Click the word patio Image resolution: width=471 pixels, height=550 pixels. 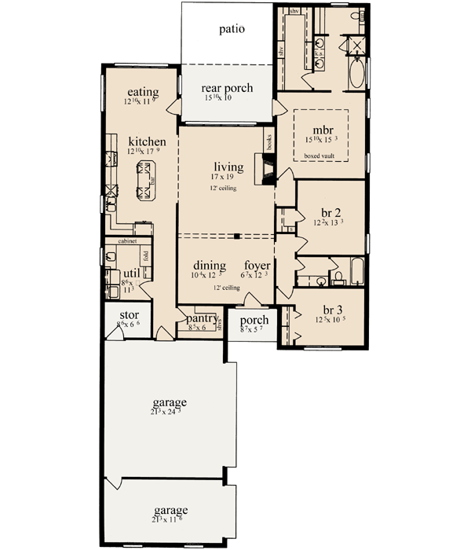pyautogui.click(x=231, y=30)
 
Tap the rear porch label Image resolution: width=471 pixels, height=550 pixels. pyautogui.click(x=227, y=89)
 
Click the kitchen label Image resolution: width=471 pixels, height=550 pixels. pyautogui.click(x=148, y=141)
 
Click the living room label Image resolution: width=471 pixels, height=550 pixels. pyautogui.click(x=228, y=167)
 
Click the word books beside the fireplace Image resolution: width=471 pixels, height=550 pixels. pyautogui.click(x=268, y=141)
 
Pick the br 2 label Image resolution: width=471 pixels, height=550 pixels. pyautogui.click(x=331, y=214)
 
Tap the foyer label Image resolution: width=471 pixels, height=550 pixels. pyautogui.click(x=257, y=266)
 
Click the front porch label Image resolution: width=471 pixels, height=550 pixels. pyautogui.click(x=254, y=321)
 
